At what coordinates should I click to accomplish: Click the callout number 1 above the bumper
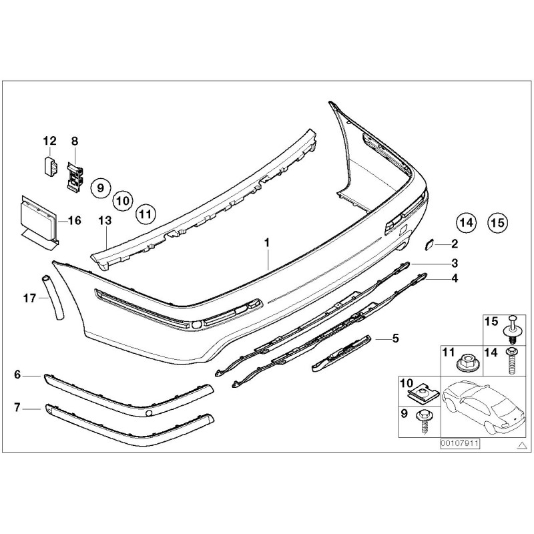pyautogui.click(x=267, y=244)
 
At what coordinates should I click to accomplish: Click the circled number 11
pyautogui.click(x=145, y=214)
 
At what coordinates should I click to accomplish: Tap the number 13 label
pyautogui.click(x=104, y=220)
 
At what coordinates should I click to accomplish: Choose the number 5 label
pyautogui.click(x=395, y=338)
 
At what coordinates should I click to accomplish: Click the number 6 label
pyautogui.click(x=17, y=375)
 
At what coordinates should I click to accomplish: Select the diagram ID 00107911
pyautogui.click(x=460, y=443)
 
